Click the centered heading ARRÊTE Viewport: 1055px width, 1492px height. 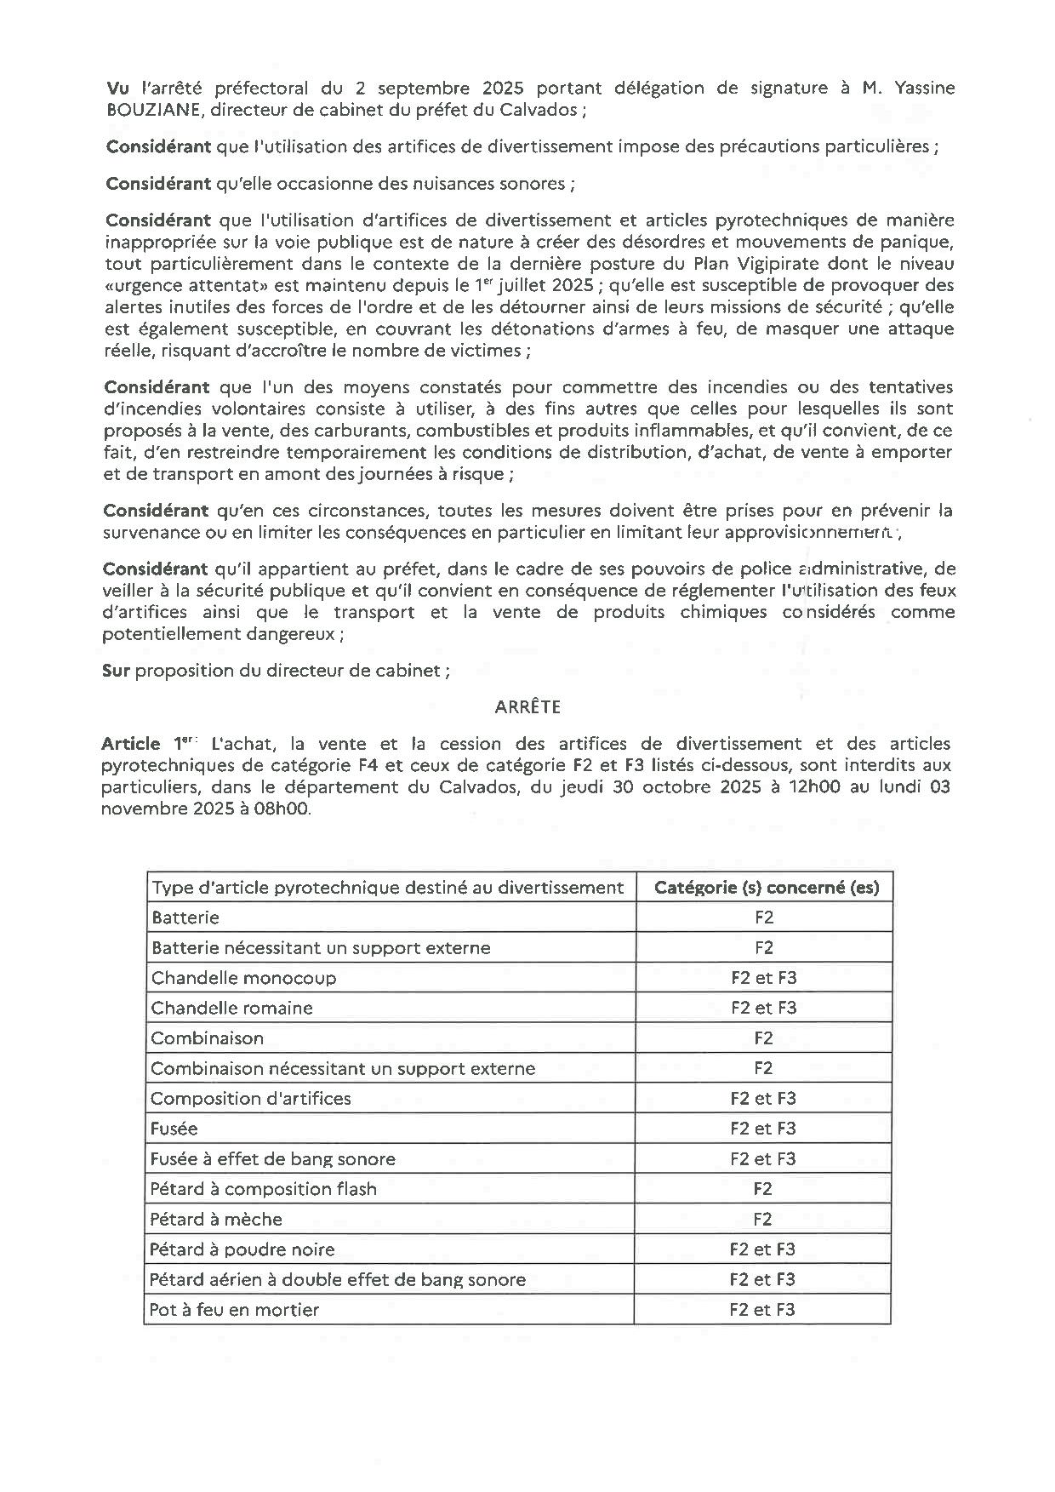coord(527,706)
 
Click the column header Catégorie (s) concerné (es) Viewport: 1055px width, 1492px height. coord(766,888)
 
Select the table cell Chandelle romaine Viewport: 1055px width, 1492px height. coord(232,1008)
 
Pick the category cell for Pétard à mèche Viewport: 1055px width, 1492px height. coord(762,1219)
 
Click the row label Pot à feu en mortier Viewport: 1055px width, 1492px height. coord(234,1309)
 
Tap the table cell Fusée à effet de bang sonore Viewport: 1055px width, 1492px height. coord(272,1158)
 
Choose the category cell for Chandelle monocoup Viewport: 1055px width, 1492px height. coord(763,978)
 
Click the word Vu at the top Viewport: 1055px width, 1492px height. coord(117,88)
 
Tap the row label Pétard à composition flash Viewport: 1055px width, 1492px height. coord(263,1188)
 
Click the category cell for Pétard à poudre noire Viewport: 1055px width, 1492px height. coord(762,1249)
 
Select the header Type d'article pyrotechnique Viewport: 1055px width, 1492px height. coord(387,888)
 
